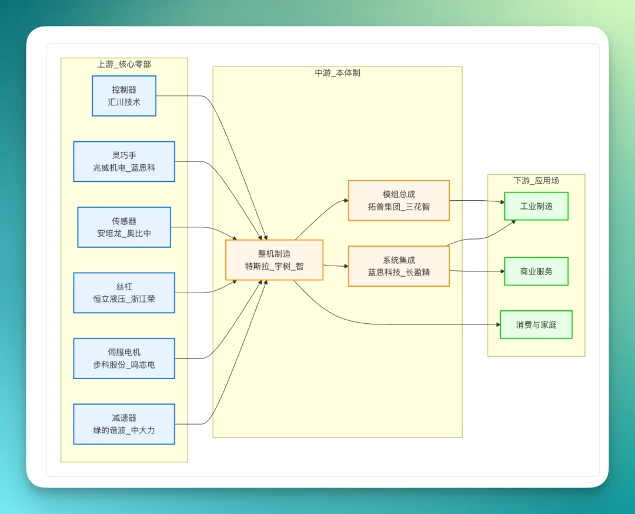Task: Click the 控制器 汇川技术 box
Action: [x=124, y=96]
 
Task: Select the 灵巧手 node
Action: [x=124, y=161]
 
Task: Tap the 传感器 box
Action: [x=124, y=227]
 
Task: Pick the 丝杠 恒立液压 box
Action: [x=124, y=293]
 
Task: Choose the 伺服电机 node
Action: [x=124, y=358]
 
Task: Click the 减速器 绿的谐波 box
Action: [x=124, y=424]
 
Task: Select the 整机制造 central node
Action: [x=274, y=260]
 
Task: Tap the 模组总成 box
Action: [x=399, y=200]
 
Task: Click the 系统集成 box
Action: [x=399, y=266]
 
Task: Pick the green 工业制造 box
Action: [x=536, y=206]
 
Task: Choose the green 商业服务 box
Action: [x=536, y=271]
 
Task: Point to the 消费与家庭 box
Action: [x=536, y=324]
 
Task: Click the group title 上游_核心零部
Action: [x=124, y=64]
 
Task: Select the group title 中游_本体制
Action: [x=337, y=73]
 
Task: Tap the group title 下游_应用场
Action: [x=536, y=181]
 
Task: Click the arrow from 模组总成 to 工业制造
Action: [x=476, y=201]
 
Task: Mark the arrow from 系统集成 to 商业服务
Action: [x=476, y=271]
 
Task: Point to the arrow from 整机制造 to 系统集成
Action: [x=335, y=266]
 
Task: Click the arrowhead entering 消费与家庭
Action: [x=497, y=324]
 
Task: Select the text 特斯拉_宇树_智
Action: [x=274, y=267]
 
